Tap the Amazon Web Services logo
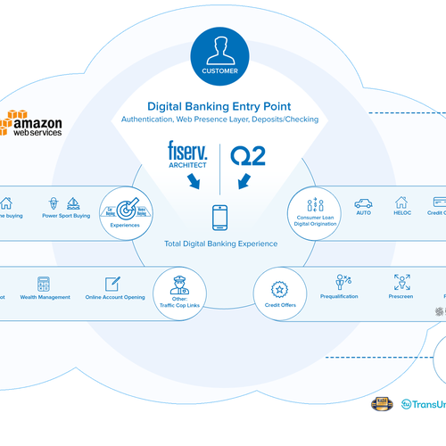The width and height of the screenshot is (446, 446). tap(35, 123)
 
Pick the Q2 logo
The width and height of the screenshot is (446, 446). tap(249, 153)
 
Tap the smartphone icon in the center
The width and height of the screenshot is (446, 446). tap(220, 217)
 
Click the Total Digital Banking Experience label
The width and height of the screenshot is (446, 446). tap(220, 244)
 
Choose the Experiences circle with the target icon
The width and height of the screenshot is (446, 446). tap(124, 211)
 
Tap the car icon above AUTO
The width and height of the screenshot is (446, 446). tap(363, 202)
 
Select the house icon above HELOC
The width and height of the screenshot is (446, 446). tap(401, 202)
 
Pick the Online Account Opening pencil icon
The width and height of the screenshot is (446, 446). tap(112, 283)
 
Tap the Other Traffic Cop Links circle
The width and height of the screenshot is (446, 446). tap(174, 291)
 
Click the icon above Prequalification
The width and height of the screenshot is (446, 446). tap(343, 282)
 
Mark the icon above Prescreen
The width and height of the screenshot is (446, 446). tap(401, 282)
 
